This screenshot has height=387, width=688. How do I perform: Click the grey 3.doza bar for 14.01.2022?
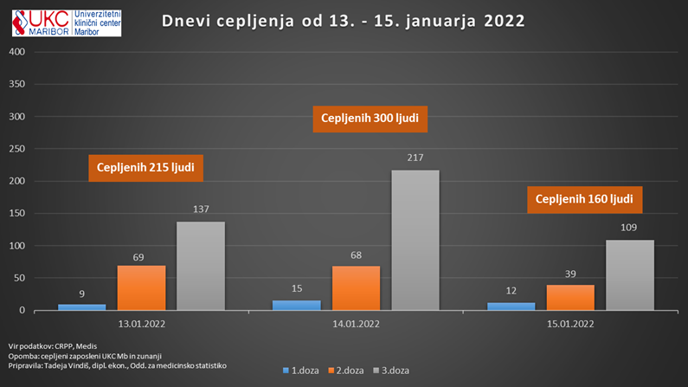(x=415, y=240)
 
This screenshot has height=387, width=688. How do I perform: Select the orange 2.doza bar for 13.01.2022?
(x=141, y=287)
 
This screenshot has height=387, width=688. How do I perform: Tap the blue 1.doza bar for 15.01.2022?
(x=510, y=306)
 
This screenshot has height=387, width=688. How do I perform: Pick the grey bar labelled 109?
(x=629, y=274)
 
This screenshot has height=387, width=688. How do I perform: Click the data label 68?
(x=356, y=255)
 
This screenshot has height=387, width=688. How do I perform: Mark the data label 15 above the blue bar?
(x=296, y=289)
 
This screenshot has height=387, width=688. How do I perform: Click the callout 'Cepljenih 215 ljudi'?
(x=145, y=167)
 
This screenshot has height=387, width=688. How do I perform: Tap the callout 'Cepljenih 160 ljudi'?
(x=584, y=199)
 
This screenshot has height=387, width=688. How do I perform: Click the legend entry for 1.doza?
(x=302, y=371)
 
